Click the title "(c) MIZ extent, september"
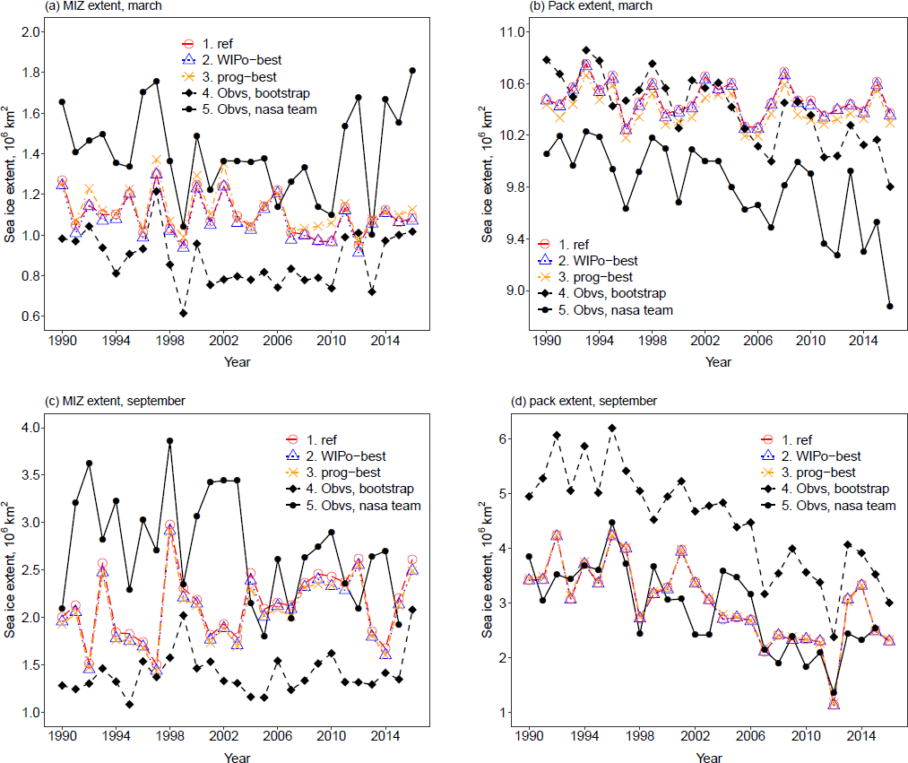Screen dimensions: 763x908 70,400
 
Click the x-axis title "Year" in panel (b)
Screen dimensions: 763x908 718,362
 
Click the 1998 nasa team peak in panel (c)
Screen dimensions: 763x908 169,441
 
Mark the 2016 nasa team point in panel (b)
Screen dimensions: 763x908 890,306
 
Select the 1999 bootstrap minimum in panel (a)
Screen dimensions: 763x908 183,313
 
